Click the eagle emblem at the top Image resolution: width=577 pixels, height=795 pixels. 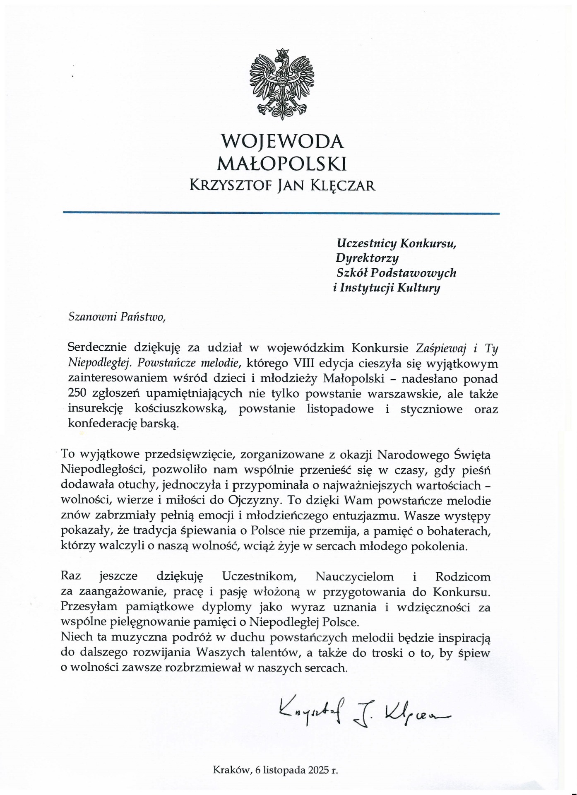click(x=282, y=83)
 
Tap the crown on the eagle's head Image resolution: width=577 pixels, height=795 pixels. click(x=282, y=53)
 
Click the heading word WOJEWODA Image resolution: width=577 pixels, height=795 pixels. click(x=282, y=142)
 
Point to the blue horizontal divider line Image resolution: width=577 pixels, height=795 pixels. click(x=281, y=213)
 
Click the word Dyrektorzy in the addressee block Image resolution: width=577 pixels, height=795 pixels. click(x=367, y=258)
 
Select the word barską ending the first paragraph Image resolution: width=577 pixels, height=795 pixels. click(x=165, y=424)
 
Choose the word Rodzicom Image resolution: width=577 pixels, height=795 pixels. click(x=463, y=576)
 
